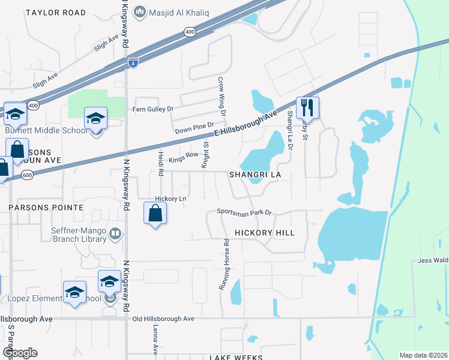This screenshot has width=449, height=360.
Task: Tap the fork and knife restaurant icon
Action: click(x=307, y=108)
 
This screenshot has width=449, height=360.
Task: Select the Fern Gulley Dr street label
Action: click(x=152, y=109)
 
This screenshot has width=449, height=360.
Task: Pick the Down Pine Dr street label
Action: click(x=194, y=127)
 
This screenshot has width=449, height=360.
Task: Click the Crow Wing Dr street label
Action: click(x=221, y=95)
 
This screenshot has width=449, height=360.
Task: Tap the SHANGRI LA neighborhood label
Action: click(x=255, y=175)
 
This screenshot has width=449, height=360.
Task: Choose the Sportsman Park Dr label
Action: click(x=244, y=212)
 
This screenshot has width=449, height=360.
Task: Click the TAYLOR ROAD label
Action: click(x=48, y=12)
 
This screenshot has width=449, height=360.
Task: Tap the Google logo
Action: click(x=20, y=353)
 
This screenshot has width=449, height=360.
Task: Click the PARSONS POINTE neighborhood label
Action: click(x=46, y=207)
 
